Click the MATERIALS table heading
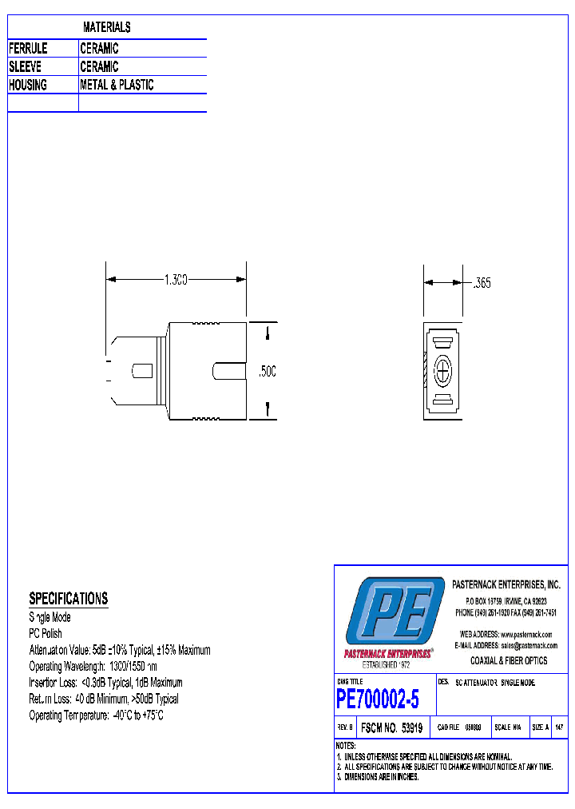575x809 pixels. tap(106, 28)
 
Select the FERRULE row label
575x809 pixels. tap(28, 49)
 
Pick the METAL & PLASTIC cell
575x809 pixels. tap(117, 85)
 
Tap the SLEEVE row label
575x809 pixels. tap(25, 67)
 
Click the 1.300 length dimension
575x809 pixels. tap(176, 280)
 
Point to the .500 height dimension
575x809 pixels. tap(268, 372)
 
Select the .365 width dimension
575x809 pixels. tap(482, 283)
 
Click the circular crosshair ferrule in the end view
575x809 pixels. tap(443, 372)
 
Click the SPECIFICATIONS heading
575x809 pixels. tap(68, 599)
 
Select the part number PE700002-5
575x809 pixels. tap(377, 700)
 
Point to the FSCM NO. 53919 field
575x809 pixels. tap(391, 728)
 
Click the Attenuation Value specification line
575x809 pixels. tap(120, 650)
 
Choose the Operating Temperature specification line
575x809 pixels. tap(96, 715)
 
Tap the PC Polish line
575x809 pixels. tap(46, 634)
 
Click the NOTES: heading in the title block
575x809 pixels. tap(348, 746)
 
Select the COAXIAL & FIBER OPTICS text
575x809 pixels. tap(509, 660)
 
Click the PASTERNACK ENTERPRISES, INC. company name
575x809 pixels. tap(506, 585)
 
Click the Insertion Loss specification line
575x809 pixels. tap(105, 683)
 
